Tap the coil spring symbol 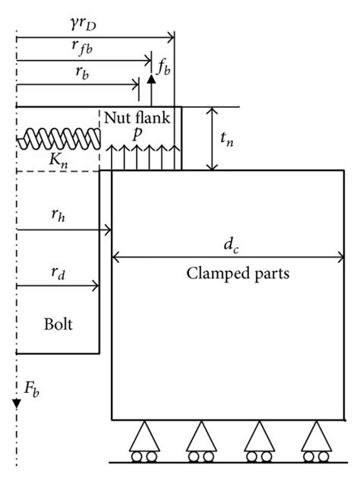(x=59, y=138)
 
